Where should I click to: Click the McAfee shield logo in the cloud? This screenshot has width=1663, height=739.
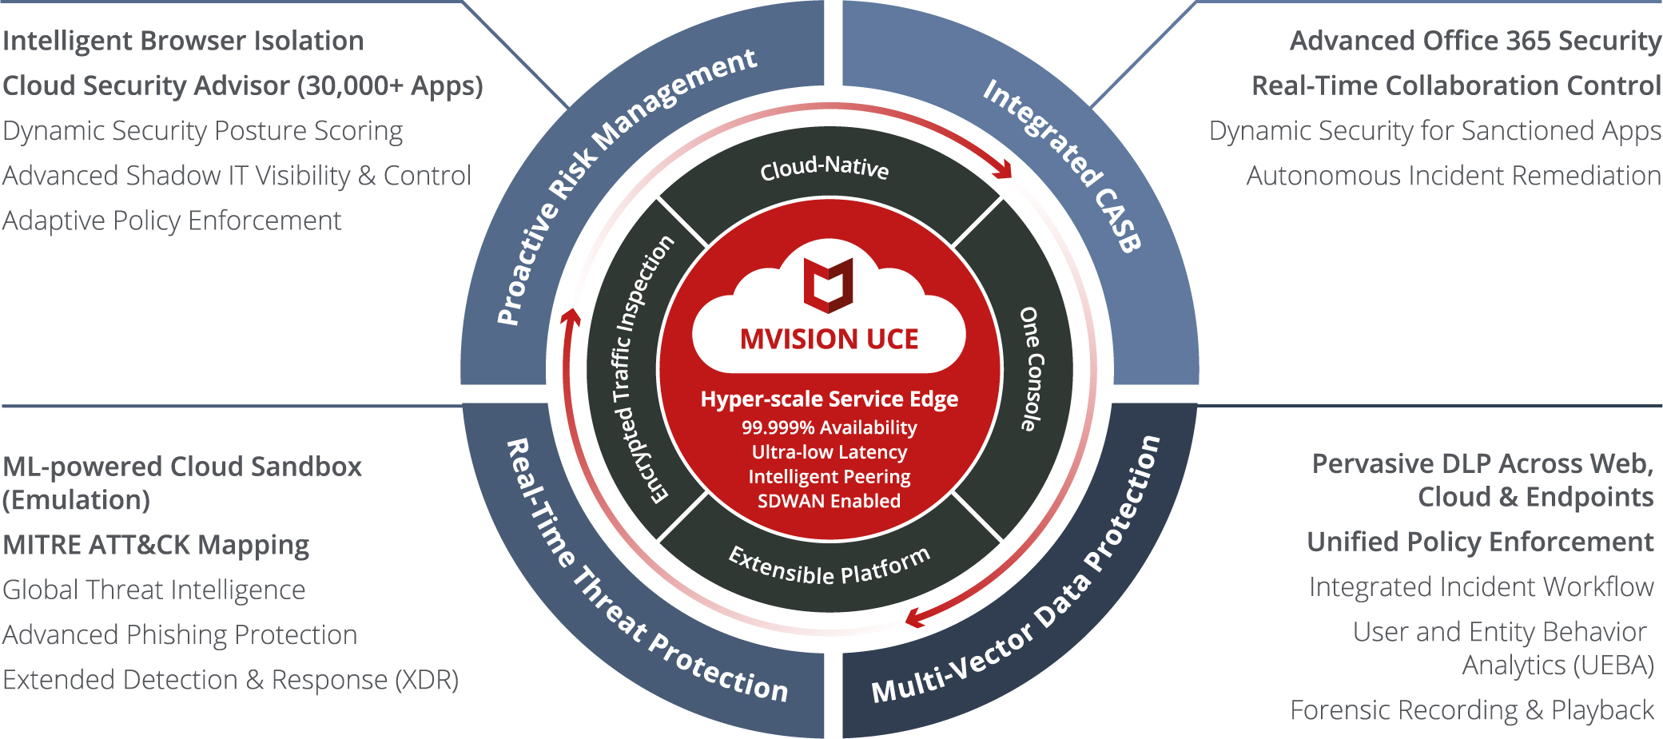(x=828, y=284)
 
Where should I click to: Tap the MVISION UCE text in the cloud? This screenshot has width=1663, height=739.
(x=829, y=339)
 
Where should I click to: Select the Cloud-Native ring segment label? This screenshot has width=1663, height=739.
(x=824, y=168)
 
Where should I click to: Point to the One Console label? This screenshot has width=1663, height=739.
(x=1032, y=369)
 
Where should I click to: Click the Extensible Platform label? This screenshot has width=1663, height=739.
(x=830, y=566)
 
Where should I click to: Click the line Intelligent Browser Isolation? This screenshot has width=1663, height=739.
(x=183, y=41)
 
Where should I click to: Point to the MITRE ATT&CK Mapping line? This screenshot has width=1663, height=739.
(x=156, y=545)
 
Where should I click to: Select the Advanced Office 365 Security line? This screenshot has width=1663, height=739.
(x=1475, y=41)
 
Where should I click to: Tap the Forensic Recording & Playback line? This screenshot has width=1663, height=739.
(x=1471, y=709)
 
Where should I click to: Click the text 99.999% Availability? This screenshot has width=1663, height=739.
(x=829, y=427)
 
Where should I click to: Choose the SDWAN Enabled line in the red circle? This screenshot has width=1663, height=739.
(x=829, y=501)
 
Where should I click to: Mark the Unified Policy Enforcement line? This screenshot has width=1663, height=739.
(x=1480, y=542)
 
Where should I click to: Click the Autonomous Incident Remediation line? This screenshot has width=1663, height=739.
(x=1454, y=176)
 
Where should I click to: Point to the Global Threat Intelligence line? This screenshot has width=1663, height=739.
(x=154, y=590)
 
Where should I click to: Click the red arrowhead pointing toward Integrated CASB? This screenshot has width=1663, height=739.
(x=1002, y=169)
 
